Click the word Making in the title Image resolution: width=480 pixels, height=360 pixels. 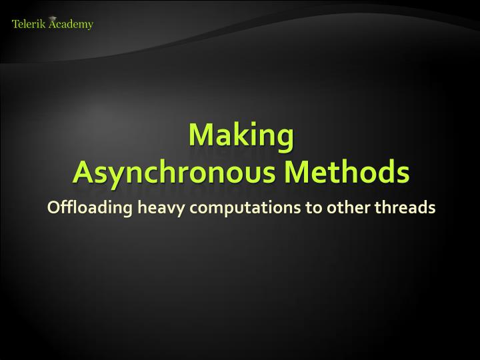point(241,136)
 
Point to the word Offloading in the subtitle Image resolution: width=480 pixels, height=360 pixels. point(90,208)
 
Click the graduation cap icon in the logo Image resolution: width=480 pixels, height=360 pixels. point(53,19)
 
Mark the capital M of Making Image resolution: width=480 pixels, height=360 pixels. point(200,135)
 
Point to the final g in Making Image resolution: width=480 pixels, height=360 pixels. point(285,139)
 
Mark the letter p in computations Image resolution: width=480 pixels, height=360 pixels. point(228,211)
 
